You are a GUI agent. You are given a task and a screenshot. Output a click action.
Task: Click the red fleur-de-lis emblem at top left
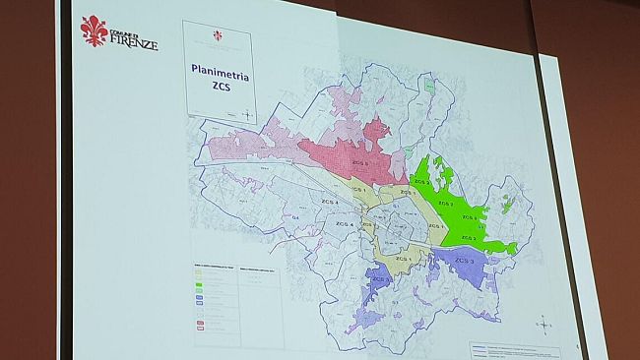pyautogui.click(x=96, y=30)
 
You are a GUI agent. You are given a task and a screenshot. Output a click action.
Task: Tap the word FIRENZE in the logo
pyautogui.click(x=135, y=43)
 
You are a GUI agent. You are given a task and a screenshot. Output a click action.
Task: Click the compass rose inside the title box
pyautogui.click(x=245, y=114)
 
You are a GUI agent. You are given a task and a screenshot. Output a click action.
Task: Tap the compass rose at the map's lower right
pyautogui.click(x=545, y=322)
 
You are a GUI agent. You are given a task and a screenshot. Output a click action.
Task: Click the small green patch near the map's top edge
pyautogui.click(x=429, y=86)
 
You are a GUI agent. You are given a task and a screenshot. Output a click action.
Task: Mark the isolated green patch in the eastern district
pyautogui.click(x=507, y=204)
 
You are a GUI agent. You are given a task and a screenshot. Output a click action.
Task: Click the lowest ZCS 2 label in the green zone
pyautogui.click(x=467, y=238)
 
